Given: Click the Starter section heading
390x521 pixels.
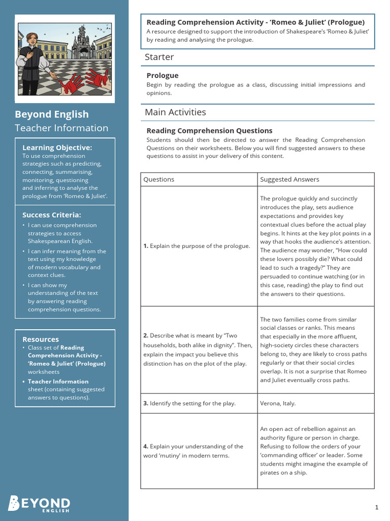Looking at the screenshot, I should coord(159,57).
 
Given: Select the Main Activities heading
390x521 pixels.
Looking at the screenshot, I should coord(175,112).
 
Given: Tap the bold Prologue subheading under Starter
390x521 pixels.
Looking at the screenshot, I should coord(162,75).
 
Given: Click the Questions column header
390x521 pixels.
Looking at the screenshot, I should coord(158,179).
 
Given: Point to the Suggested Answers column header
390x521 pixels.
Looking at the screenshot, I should coord(289,179).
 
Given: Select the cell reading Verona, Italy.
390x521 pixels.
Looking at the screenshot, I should coord(278,403).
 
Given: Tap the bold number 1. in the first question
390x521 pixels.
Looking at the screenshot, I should coord(146,246).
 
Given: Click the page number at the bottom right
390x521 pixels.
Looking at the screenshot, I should coord(376,507).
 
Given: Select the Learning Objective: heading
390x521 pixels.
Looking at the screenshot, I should coord(57,148).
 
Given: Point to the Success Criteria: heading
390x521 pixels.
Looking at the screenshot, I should coord(51,215).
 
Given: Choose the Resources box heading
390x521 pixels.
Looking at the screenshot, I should coord(41,339).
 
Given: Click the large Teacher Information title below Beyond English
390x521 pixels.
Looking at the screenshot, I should coord(61,128).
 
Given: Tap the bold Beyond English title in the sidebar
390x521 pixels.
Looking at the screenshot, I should coord(51,114).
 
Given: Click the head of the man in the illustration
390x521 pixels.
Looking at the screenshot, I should coord(32,39).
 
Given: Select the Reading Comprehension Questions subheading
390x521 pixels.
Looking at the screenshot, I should coord(209,131).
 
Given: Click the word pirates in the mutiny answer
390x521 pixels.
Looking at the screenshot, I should coord(271,473).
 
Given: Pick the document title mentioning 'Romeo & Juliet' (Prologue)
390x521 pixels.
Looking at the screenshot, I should coord(255,22).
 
